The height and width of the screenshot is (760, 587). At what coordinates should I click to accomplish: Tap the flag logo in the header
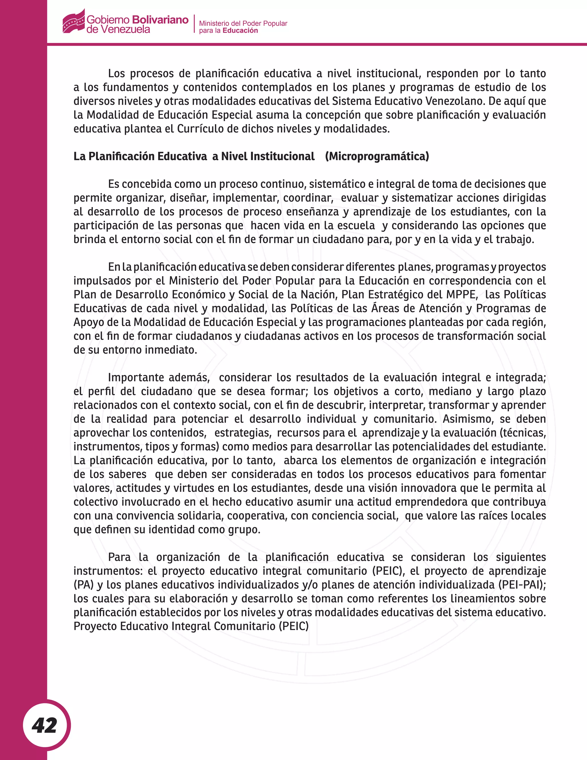[74, 21]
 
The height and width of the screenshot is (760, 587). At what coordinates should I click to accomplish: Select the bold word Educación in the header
[240, 31]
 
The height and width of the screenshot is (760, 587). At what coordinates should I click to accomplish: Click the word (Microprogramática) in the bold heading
[377, 156]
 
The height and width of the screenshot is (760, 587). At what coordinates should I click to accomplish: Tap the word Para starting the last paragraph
[119, 557]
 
